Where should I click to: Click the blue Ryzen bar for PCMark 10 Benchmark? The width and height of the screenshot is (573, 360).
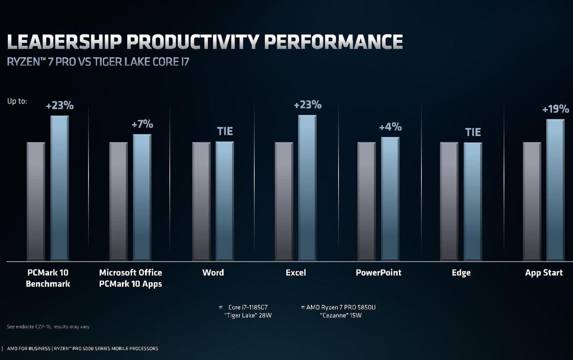(x=59, y=188)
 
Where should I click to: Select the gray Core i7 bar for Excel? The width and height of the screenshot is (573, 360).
(x=284, y=201)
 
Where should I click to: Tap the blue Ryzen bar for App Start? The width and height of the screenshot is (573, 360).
(x=555, y=190)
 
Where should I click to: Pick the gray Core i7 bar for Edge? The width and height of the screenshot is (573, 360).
(x=449, y=201)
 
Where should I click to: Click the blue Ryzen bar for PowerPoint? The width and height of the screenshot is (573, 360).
(x=390, y=199)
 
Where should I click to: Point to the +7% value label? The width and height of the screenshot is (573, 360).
(x=142, y=124)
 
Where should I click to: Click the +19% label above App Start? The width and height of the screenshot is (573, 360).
(x=555, y=109)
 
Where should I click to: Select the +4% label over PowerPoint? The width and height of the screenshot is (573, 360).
(x=390, y=127)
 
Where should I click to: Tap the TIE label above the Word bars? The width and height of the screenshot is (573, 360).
(x=225, y=131)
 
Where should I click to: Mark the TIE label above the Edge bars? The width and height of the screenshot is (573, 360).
(x=473, y=132)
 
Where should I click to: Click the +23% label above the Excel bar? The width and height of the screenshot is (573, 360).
(x=308, y=105)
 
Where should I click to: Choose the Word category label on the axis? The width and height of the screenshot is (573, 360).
(x=213, y=273)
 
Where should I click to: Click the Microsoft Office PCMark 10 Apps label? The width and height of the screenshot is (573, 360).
(x=130, y=278)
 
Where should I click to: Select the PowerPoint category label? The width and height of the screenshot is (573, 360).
(x=379, y=273)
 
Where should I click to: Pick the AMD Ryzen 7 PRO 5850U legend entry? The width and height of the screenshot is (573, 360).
(x=341, y=311)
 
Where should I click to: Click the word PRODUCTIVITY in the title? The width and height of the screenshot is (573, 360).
(x=192, y=42)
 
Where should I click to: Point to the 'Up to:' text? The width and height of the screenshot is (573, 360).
(x=17, y=101)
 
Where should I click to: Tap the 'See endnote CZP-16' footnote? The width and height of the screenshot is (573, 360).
(x=48, y=327)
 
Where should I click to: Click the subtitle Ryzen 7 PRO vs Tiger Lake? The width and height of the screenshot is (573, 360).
(x=98, y=62)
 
